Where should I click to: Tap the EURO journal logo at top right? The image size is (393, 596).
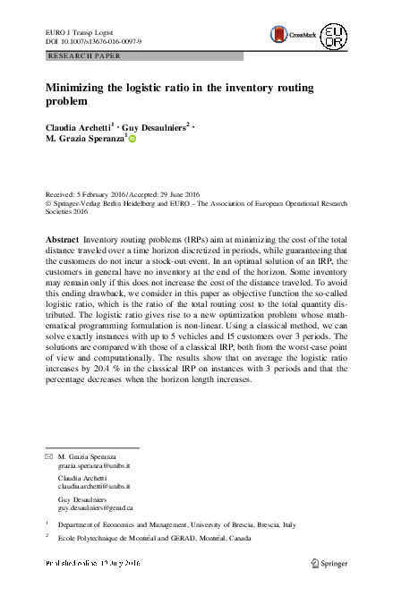tap(333, 37)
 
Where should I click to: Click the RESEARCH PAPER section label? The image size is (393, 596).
tap(83, 55)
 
